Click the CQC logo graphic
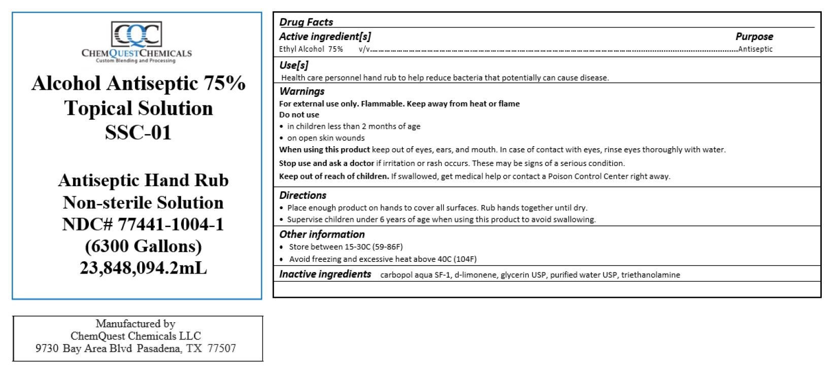pos(137,35)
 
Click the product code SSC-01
pos(138,132)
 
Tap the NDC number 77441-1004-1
pos(171,224)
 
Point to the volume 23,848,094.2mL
pos(143,267)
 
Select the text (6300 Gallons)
pos(143,246)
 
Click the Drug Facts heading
pos(306,22)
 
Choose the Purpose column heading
pos(754,37)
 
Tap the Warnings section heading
pos(302,91)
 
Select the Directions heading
pos(303,195)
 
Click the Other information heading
pos(322,234)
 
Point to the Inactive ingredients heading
pos(325,274)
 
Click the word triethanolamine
pos(650,275)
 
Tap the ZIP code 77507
pos(222,349)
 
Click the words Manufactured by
pos(136,324)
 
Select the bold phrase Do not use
pos(299,115)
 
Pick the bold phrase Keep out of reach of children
pos(334,177)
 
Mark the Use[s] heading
pos(294,65)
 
